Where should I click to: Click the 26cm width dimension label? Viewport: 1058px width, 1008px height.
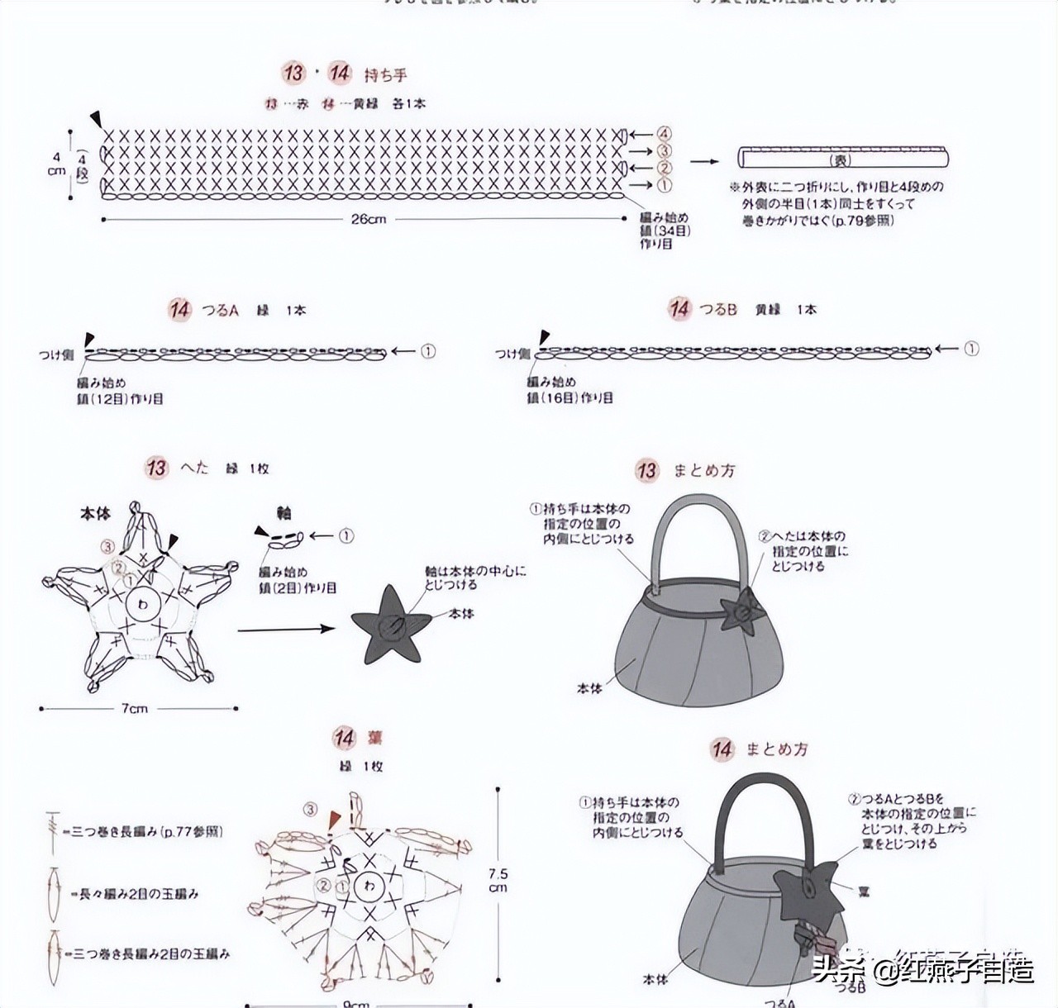coord(368,220)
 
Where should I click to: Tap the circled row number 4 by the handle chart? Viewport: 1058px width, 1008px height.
coord(665,134)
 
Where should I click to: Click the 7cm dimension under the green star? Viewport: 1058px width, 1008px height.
coord(135,709)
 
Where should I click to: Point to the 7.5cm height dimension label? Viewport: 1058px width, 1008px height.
coord(498,880)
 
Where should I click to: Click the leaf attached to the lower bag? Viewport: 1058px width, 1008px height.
coord(805,892)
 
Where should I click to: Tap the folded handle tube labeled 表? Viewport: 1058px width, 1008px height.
coord(842,158)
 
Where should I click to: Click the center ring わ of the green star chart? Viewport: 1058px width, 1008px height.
coord(142,604)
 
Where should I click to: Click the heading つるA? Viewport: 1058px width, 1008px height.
coord(220,311)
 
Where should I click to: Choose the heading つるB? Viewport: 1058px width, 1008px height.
coord(717,310)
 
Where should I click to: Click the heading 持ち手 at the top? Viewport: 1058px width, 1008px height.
coord(385,75)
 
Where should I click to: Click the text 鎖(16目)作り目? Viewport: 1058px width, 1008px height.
coord(570,397)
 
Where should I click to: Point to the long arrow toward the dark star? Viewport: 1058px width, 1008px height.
coord(285,630)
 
